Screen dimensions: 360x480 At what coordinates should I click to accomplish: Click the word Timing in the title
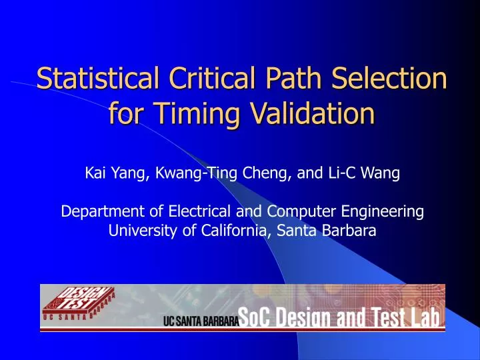pyautogui.click(x=196, y=114)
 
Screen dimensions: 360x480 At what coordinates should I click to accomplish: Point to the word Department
pyautogui.click(x=96, y=212)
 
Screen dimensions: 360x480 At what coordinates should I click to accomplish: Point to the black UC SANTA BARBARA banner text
pyautogui.click(x=200, y=321)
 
